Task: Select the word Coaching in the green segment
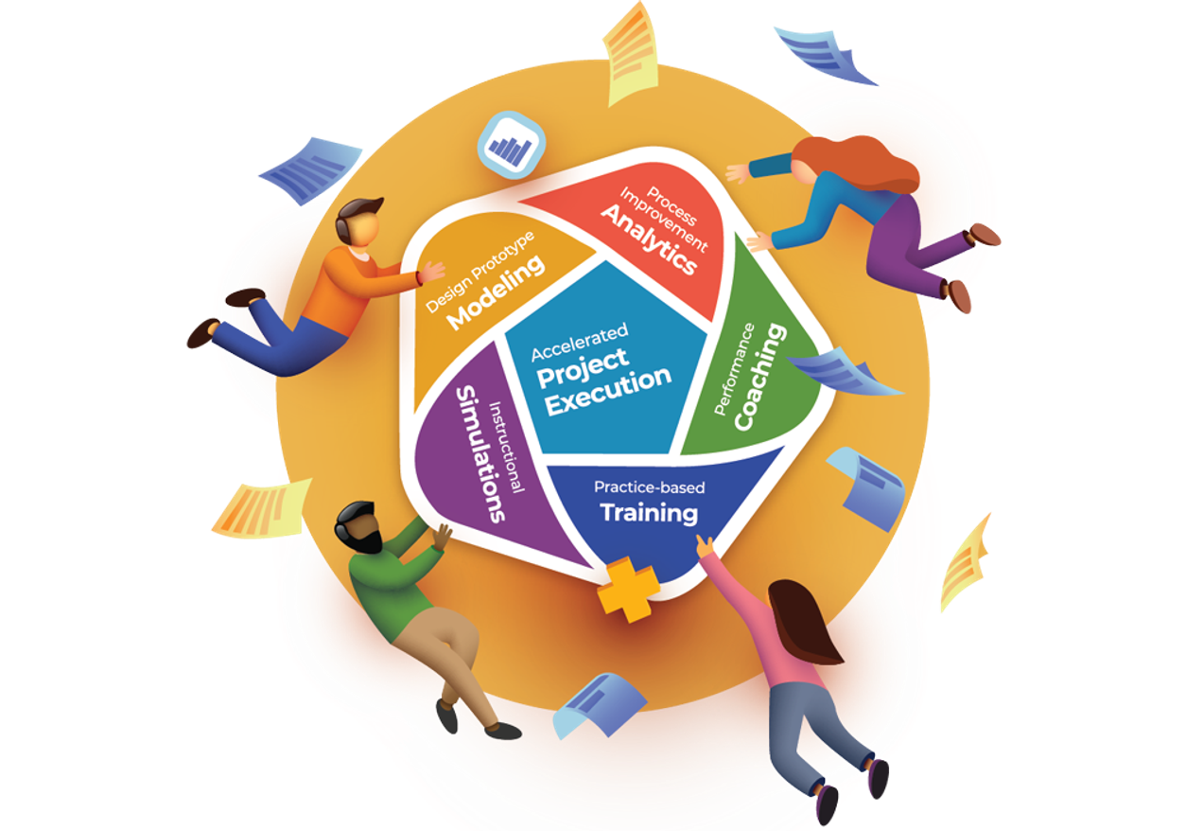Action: click(760, 377)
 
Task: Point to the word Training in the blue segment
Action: click(649, 513)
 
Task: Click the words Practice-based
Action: click(649, 487)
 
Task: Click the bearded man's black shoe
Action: click(501, 730)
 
